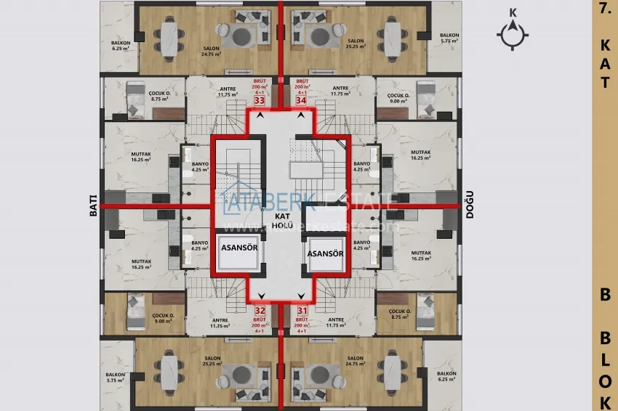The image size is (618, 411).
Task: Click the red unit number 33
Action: tap(259, 102)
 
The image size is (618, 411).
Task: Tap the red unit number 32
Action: tap(259, 309)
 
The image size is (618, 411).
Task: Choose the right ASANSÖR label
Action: tap(325, 253)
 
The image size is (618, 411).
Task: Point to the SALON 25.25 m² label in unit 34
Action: tap(356, 44)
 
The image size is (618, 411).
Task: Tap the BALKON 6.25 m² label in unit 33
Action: tap(121, 45)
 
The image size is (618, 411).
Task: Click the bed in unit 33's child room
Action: tap(136, 99)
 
